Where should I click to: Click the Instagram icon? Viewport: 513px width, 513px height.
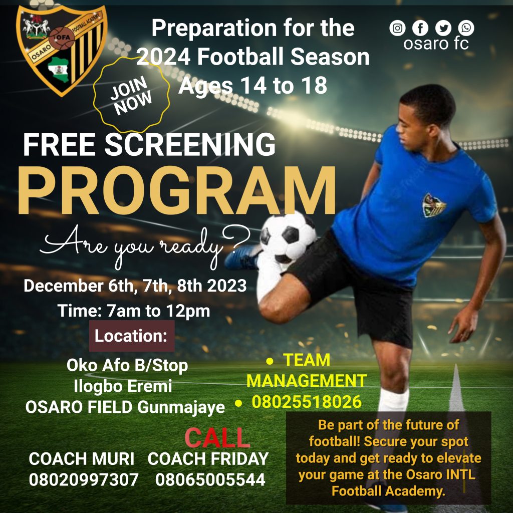pyautogui.click(x=397, y=28)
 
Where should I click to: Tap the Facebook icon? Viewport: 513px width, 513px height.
pyautogui.click(x=420, y=28)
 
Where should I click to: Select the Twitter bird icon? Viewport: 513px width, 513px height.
pyautogui.click(x=443, y=28)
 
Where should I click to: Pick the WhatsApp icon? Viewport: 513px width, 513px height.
pyautogui.click(x=466, y=28)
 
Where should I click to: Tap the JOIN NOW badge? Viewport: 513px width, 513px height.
pyautogui.click(x=132, y=95)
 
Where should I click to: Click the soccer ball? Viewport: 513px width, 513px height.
pyautogui.click(x=288, y=236)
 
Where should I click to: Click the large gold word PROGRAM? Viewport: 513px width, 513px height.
pyautogui.click(x=177, y=191)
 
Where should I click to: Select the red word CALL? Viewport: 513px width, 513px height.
pyautogui.click(x=217, y=437)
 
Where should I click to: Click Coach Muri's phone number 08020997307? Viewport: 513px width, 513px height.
pyautogui.click(x=84, y=479)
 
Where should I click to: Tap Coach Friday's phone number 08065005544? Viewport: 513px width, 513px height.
pyautogui.click(x=210, y=479)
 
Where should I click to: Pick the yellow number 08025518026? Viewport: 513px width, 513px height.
pyautogui.click(x=307, y=402)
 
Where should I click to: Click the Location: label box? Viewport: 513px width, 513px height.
pyautogui.click(x=132, y=336)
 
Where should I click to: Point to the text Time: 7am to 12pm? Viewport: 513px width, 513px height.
pyautogui.click(x=134, y=311)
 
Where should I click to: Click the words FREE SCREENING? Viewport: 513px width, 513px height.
pyautogui.click(x=149, y=144)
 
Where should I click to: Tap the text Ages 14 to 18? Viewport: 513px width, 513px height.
pyautogui.click(x=253, y=86)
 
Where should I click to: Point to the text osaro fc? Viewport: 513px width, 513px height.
pyautogui.click(x=436, y=44)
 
